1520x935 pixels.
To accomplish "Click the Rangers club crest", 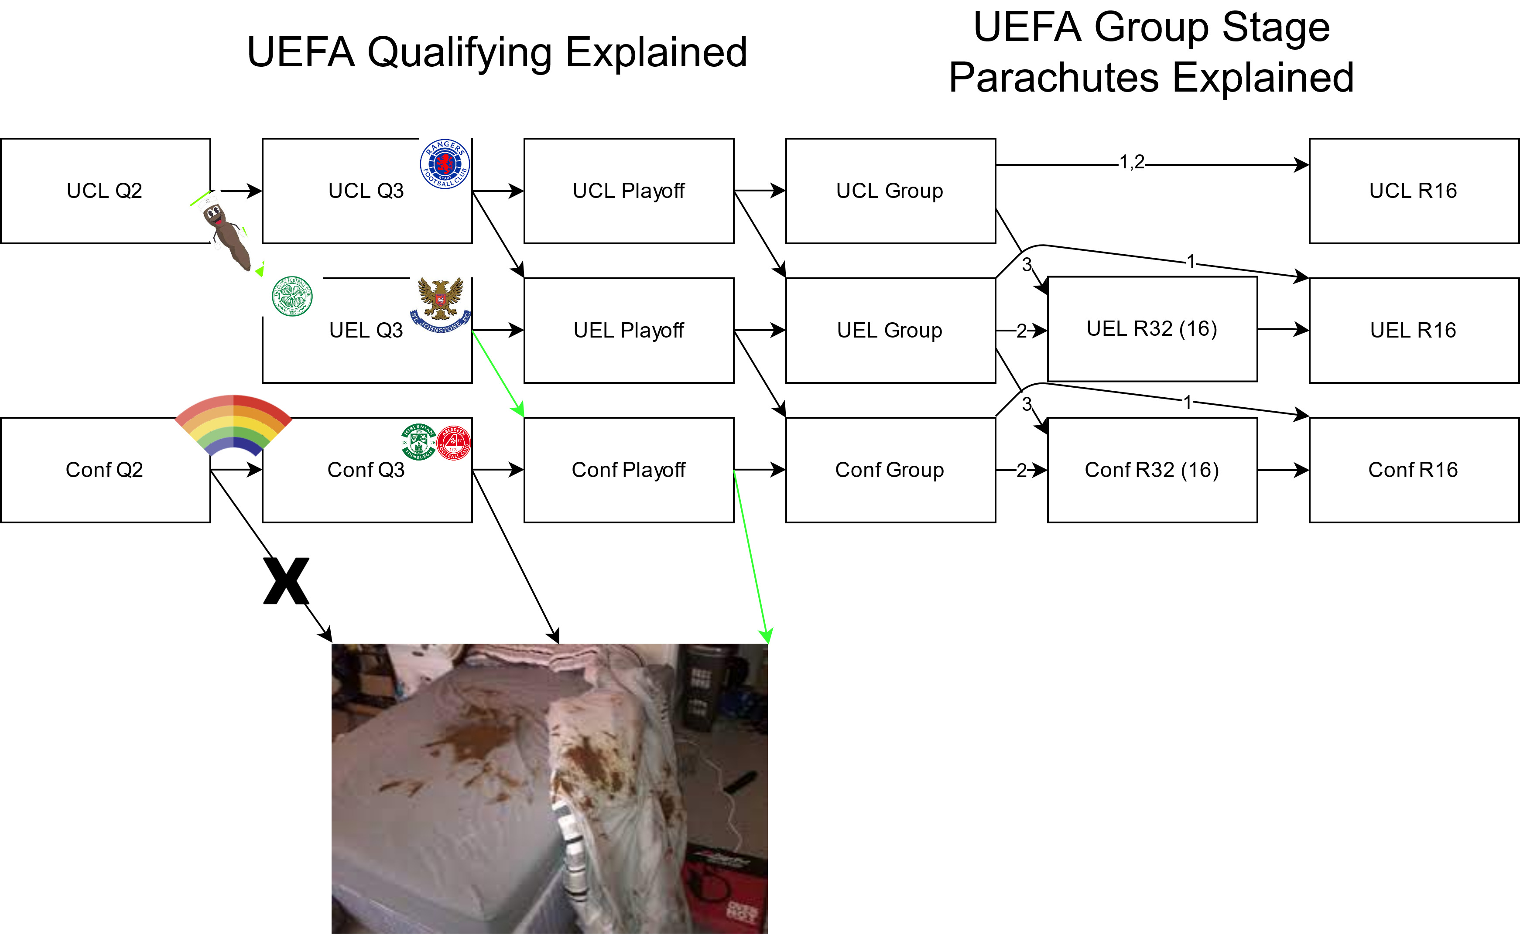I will [445, 164].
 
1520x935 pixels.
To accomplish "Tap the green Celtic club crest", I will [293, 296].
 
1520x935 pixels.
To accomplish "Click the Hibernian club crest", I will [419, 441].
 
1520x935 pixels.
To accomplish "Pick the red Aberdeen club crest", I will [454, 443].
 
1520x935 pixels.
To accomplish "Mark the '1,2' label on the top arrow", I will [1132, 163].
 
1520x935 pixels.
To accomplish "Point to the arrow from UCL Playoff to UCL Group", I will [759, 191].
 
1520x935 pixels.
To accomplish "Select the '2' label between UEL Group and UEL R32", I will [1022, 331].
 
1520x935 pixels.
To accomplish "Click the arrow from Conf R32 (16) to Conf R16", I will [1283, 470].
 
